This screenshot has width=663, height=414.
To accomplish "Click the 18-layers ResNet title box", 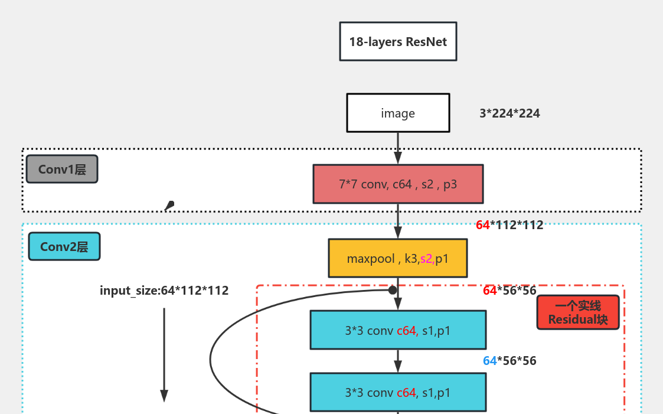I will point(398,41).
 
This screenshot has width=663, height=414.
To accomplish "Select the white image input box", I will point(397,113).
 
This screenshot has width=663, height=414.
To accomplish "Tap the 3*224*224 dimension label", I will point(510,113).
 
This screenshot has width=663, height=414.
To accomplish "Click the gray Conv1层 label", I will point(62,169).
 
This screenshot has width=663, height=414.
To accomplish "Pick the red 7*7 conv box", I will point(397,184).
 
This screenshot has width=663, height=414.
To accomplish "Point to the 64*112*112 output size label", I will point(510,224).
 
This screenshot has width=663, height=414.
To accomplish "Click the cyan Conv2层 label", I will point(64,247).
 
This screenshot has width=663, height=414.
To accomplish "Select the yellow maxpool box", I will point(397,258).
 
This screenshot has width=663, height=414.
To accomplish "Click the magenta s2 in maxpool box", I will point(426,259).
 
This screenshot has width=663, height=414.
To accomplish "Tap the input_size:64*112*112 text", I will point(164,291).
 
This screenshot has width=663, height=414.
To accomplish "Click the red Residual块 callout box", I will point(577,312).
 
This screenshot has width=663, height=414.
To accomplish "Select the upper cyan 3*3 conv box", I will point(397,330).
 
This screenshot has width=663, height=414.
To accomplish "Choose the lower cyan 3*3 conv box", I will point(397,392).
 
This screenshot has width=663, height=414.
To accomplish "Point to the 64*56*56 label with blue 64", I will point(510,360).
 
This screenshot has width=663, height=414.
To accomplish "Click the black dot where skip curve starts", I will point(392,290).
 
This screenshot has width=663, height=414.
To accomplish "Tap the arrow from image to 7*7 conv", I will point(398,148).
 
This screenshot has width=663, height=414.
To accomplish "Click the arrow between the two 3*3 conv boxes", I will point(398,361).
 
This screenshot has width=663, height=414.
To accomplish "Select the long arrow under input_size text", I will point(164,354).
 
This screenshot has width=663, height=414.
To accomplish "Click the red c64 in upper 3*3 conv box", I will point(407,331).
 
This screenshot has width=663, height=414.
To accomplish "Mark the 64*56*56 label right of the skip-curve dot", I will point(510,291).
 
